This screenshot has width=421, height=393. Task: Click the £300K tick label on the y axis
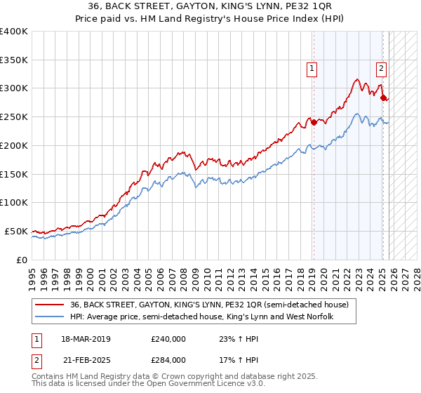click(x=14, y=88)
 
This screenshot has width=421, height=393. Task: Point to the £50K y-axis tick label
click(x=16, y=231)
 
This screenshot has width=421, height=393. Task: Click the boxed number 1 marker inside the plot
click(x=311, y=68)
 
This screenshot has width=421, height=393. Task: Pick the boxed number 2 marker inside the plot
click(x=380, y=68)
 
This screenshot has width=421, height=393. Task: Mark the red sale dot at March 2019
click(x=314, y=122)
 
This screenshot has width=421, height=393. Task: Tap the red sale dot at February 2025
click(x=384, y=98)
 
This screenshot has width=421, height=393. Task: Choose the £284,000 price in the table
click(x=169, y=360)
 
